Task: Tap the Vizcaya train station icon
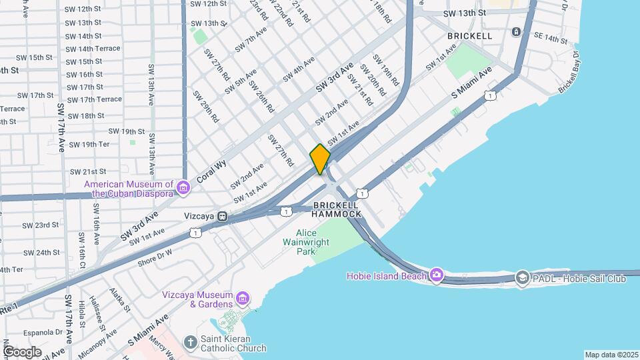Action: pyautogui.click(x=223, y=216)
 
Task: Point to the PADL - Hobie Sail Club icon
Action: pyautogui.click(x=523, y=278)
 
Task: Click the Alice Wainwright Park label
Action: pyautogui.click(x=316, y=242)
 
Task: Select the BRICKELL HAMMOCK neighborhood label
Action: pyautogui.click(x=337, y=209)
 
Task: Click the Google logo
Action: pyautogui.click(x=22, y=351)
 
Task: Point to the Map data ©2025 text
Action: pyautogui.click(x=611, y=355)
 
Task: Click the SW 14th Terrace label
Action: pyautogui.click(x=93, y=49)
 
